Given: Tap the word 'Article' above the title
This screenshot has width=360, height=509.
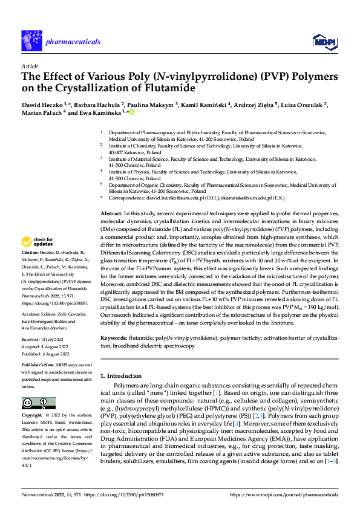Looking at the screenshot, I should (30, 65).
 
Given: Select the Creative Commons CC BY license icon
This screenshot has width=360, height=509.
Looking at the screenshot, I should (38, 403).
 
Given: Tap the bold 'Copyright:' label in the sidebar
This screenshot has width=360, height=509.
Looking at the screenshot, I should (33, 417).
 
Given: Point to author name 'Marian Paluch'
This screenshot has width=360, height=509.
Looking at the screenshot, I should (41, 112).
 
